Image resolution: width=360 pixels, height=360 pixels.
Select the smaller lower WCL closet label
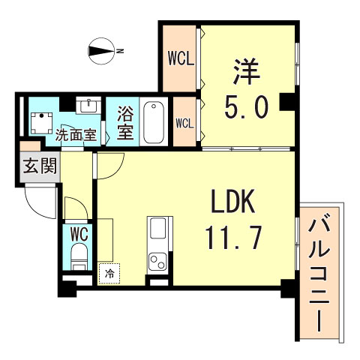pyautogui.click(x=184, y=121)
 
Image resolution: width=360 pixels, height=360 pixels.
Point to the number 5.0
pyautogui.click(x=246, y=109)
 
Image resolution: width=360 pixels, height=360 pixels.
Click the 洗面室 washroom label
pyautogui.click(x=76, y=136)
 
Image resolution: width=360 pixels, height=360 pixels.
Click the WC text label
pyautogui.click(x=78, y=232)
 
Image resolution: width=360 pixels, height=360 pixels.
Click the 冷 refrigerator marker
pyautogui.click(x=109, y=274)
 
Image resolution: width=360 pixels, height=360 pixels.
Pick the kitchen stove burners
pyautogui.click(x=158, y=262)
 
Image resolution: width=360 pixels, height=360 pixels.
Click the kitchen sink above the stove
pyautogui.click(x=159, y=229)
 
